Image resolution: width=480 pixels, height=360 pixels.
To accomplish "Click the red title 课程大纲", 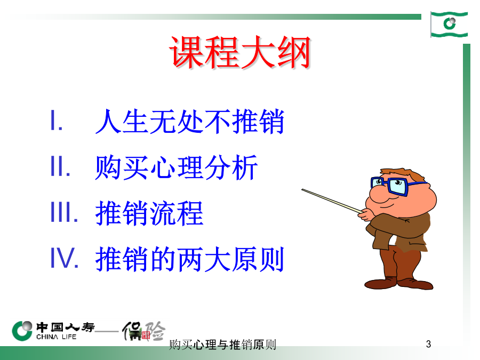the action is [x=241, y=52].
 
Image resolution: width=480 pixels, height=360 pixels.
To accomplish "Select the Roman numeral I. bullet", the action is [x=57, y=121].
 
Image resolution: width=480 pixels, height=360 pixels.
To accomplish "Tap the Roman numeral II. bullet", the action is [x=60, y=166].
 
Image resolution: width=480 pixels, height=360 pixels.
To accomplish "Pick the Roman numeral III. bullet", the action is [x=65, y=212].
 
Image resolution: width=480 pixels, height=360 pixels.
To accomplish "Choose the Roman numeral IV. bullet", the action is [x=65, y=258].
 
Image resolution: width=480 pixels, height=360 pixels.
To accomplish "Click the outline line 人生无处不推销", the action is [x=190, y=122].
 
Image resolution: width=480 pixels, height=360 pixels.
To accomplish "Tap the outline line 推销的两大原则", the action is [x=190, y=259].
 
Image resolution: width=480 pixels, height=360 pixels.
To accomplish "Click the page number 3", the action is [x=428, y=344].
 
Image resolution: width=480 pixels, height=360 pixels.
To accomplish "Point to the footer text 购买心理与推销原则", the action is [x=222, y=345].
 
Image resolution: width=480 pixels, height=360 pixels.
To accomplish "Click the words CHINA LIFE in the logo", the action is [x=57, y=337].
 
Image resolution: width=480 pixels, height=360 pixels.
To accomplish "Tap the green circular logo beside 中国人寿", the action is [x=22, y=331].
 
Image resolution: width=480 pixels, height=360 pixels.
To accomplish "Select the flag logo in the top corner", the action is [x=449, y=24].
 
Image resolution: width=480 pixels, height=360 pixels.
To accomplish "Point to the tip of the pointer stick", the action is [x=302, y=190].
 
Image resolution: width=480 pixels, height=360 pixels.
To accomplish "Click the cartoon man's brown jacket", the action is [x=398, y=231].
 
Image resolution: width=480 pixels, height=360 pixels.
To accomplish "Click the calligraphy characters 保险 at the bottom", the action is [x=144, y=331].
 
